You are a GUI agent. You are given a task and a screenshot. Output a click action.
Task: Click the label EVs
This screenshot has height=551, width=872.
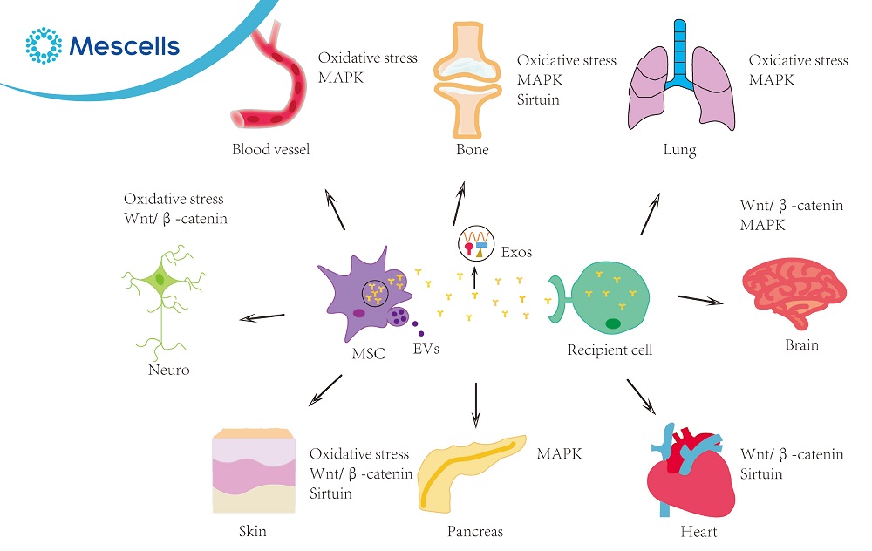point(427,349)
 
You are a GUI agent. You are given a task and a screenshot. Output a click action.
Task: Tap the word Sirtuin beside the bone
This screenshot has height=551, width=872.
point(538,99)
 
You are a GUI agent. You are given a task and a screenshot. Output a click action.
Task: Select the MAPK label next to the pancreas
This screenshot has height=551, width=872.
point(559,454)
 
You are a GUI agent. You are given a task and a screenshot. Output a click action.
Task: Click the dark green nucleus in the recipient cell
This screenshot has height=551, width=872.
point(613,324)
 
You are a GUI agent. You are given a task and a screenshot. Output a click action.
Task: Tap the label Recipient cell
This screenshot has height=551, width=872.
point(610,350)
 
